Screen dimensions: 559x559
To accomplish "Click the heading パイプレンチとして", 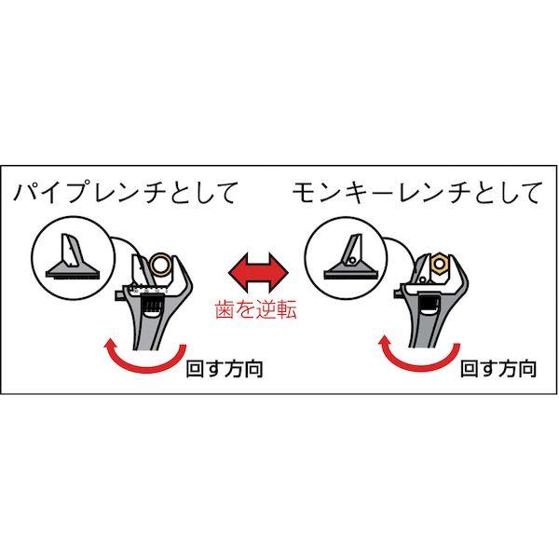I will [126, 194].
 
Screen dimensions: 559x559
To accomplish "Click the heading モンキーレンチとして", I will [416, 194].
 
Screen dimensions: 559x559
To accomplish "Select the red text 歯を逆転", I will [258, 310].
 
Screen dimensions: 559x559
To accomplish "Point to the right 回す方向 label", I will [498, 370].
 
